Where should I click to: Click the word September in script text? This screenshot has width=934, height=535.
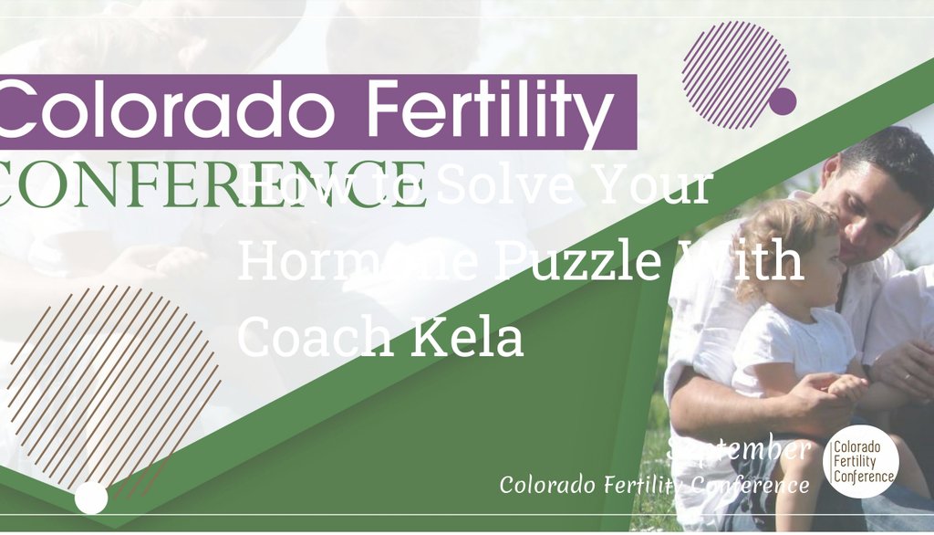[x=739, y=449]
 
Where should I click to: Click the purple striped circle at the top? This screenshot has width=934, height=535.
[x=734, y=70]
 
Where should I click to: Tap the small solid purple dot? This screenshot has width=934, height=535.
[x=783, y=101]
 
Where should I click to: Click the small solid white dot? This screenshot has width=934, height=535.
[x=91, y=498]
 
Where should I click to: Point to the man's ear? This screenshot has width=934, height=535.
[x=831, y=170]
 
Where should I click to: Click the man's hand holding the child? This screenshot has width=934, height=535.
[x=821, y=393]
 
